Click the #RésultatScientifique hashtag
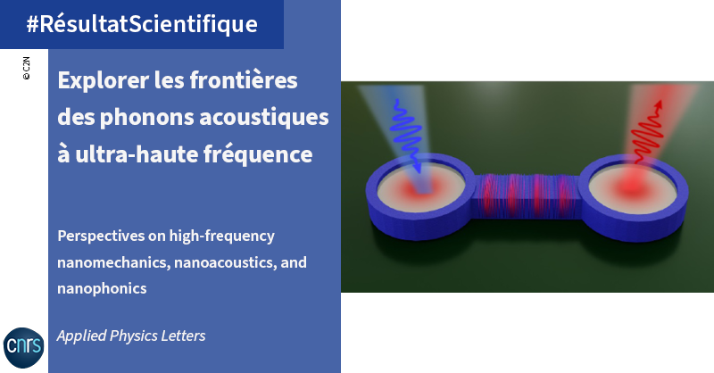(142, 24)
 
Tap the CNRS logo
(24, 347)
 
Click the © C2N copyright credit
(26, 69)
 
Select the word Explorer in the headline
(104, 80)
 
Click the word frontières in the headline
(244, 79)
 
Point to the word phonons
(147, 118)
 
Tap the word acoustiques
(264, 118)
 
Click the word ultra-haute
(137, 154)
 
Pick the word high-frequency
(221, 236)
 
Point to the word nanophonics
(102, 289)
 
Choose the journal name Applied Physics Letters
(131, 336)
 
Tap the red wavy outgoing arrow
(646, 131)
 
